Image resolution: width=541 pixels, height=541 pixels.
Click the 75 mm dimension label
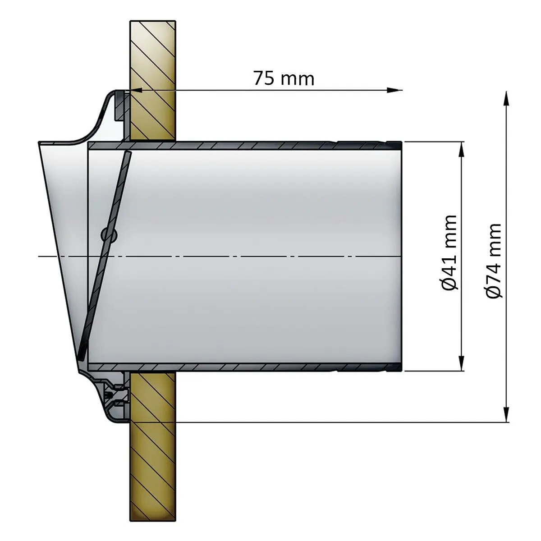(283, 78)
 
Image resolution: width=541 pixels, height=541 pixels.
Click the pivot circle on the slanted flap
(109, 234)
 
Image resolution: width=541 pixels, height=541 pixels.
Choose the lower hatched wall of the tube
(243, 367)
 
